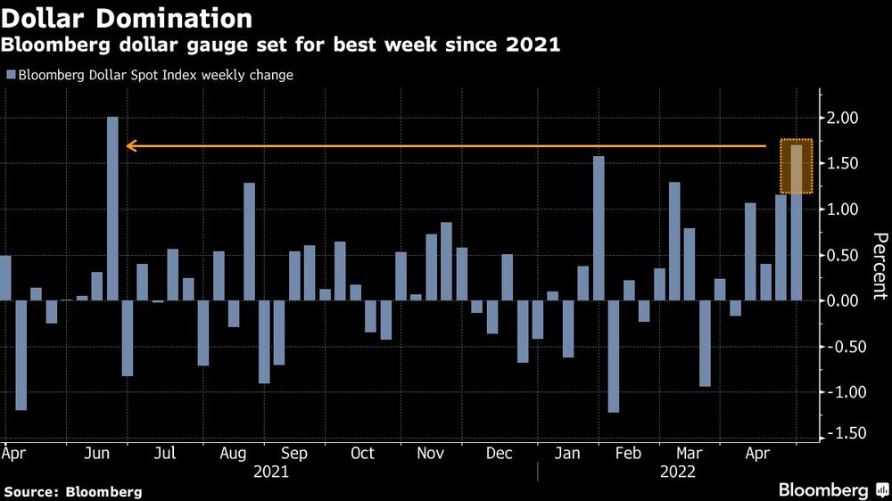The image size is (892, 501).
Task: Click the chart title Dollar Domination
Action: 126,18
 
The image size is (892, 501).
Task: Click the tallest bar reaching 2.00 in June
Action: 112,209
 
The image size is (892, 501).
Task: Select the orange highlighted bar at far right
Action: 797,167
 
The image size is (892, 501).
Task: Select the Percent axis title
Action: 880,265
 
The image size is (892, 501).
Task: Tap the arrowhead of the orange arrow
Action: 130,145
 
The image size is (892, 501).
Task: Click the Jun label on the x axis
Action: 95,454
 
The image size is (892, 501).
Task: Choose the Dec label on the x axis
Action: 500,454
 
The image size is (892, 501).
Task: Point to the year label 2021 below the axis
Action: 271,472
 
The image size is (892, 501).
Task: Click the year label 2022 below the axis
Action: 678,472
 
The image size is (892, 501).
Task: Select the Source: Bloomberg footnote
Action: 73,491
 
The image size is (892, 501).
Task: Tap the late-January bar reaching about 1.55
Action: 599,228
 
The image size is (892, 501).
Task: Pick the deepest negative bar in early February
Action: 614,357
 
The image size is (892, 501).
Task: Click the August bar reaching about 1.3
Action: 250,242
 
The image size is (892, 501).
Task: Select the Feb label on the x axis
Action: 629,454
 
